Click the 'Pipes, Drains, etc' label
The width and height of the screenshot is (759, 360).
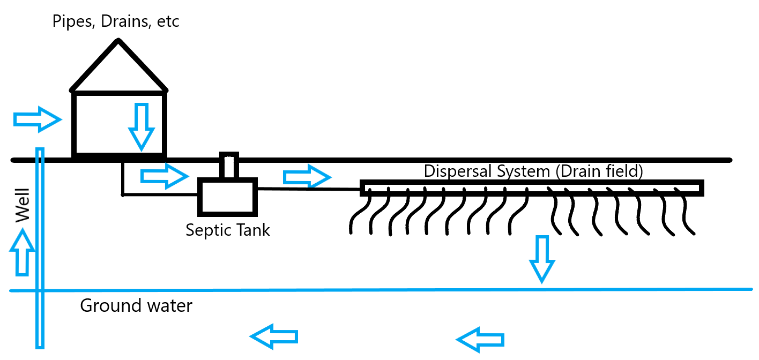pos(115,22)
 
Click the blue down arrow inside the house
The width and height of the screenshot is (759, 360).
pos(142,126)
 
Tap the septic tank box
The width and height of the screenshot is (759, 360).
pos(227,196)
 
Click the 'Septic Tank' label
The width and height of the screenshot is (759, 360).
pos(227,230)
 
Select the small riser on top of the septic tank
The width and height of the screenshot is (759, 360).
pos(229,166)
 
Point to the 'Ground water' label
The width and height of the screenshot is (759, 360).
pos(136,306)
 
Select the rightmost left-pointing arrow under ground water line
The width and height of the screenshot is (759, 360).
pos(480,339)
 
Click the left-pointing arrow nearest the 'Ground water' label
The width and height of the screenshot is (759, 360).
pos(274,336)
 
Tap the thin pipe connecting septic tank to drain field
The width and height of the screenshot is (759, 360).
pos(309,188)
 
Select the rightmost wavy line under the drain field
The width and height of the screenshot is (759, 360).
pos(686,214)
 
